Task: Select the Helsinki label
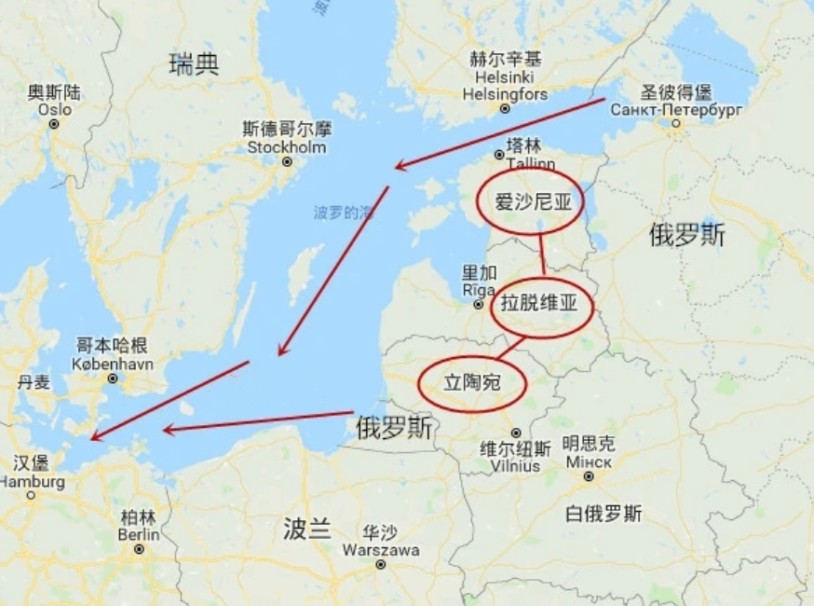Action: click(505, 77)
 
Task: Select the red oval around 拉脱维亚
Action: click(542, 307)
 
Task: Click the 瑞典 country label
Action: click(194, 64)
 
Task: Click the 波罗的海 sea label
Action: click(343, 213)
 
